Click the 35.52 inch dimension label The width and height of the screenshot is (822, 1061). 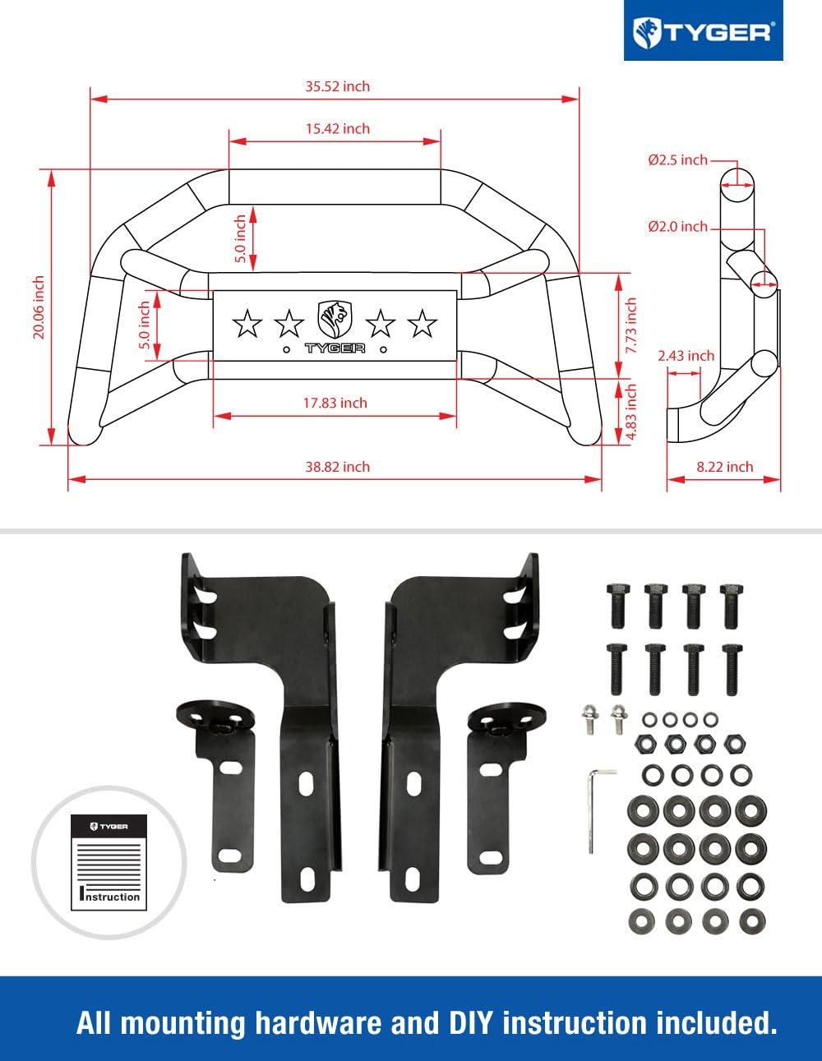pos(337,86)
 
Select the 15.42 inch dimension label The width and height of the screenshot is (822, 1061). pos(337,128)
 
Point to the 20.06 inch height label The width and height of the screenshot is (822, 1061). pos(39,307)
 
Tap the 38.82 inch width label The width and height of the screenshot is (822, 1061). pos(337,467)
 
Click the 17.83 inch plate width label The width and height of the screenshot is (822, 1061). pos(335,403)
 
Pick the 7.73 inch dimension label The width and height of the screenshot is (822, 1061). pos(631,325)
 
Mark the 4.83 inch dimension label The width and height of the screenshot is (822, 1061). pos(631,412)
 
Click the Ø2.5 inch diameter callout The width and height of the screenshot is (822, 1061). pos(677,159)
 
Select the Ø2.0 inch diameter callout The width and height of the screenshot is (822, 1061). pos(677,227)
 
